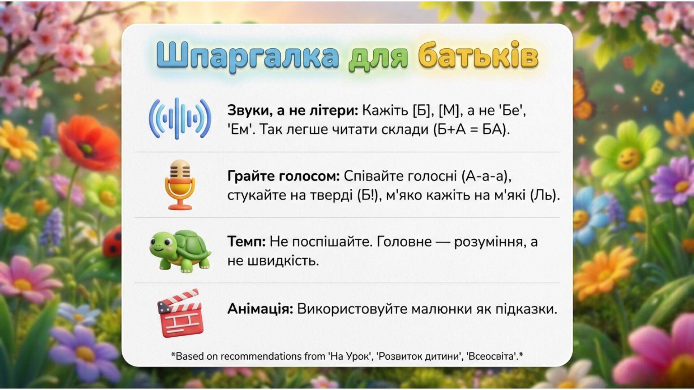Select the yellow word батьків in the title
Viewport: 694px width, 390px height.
coord(478,55)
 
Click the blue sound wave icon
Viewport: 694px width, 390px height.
coord(180,118)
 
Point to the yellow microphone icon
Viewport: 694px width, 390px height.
coord(180,185)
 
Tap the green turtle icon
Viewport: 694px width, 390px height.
coord(180,251)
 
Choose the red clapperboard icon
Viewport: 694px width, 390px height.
coord(180,313)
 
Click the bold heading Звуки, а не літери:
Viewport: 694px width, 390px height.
coord(292,110)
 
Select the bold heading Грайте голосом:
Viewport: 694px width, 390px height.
coord(283,176)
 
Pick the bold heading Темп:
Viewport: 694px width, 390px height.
coord(246,242)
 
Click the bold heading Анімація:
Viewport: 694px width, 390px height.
coord(260,309)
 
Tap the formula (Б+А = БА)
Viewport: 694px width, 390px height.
coord(472,129)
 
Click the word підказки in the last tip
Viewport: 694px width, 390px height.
coord(526,309)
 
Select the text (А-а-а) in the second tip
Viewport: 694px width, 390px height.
coord(486,176)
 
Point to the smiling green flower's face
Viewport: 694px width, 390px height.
coord(628,158)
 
